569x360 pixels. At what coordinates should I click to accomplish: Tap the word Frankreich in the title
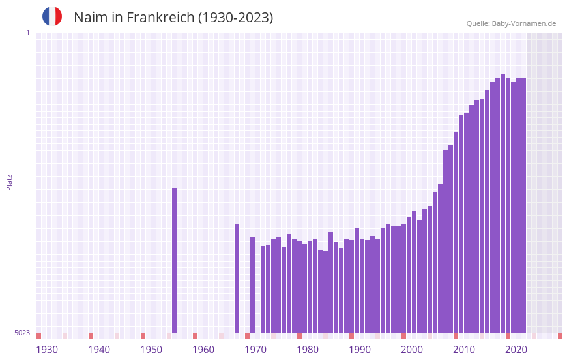pyautogui.click(x=160, y=18)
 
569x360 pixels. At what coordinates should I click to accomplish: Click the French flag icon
pyautogui.click(x=52, y=16)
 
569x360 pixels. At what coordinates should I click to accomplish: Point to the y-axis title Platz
pyautogui.click(x=9, y=182)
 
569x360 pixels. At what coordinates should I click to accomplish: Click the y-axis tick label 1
pyautogui.click(x=27, y=33)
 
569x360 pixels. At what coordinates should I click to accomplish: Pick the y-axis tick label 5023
pyautogui.click(x=22, y=333)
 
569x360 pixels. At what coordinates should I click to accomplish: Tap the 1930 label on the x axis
pyautogui.click(x=47, y=350)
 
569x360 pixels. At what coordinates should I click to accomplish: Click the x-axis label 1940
pyautogui.click(x=99, y=350)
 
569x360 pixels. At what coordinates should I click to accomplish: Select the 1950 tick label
pyautogui.click(x=151, y=350)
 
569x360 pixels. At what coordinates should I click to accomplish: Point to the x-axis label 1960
pyautogui.click(x=203, y=350)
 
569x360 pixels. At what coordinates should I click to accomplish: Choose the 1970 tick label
pyautogui.click(x=255, y=350)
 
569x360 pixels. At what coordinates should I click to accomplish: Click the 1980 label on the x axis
pyautogui.click(x=308, y=350)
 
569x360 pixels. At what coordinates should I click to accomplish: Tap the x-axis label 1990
pyautogui.click(x=360, y=350)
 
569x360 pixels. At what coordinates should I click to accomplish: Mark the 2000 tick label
pyautogui.click(x=412, y=350)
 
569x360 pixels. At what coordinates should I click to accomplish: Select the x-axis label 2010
pyautogui.click(x=464, y=350)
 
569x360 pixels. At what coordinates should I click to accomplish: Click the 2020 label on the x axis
pyautogui.click(x=516, y=350)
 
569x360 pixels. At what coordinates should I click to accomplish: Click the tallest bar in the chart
pyautogui.click(x=503, y=202)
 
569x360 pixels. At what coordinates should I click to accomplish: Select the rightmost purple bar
pyautogui.click(x=523, y=205)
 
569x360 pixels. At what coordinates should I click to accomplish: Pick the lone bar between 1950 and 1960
pyautogui.click(x=174, y=261)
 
